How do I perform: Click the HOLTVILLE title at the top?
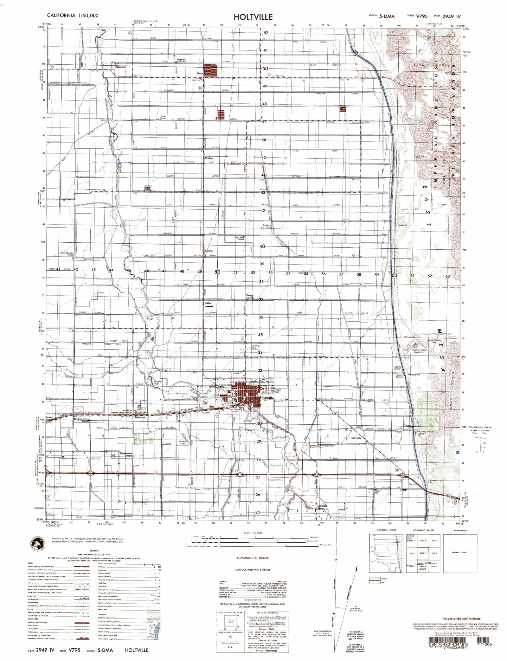click(x=253, y=17)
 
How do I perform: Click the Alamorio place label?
click(x=120, y=67)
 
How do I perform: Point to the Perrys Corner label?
click(x=250, y=297)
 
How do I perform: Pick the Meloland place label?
click(x=140, y=417)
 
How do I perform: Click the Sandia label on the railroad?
click(x=208, y=251)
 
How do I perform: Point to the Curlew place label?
click(x=209, y=158)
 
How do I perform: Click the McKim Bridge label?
click(x=150, y=317)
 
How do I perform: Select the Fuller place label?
click(x=208, y=303)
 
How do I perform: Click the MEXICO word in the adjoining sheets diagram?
click(x=423, y=569)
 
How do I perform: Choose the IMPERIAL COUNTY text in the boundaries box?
click(x=460, y=553)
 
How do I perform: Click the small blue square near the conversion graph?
click(x=457, y=452)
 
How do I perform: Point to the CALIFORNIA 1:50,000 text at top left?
click(x=73, y=15)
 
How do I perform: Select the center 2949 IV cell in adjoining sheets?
click(x=422, y=553)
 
